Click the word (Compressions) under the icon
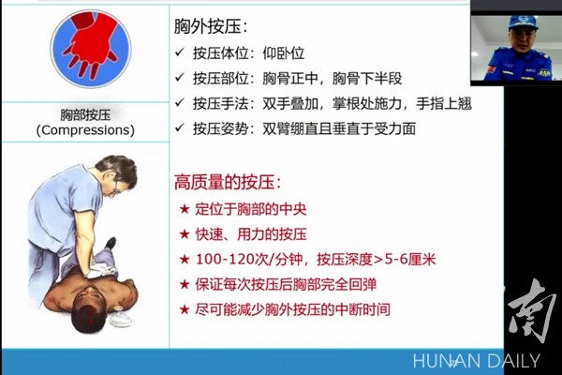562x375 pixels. [85, 130]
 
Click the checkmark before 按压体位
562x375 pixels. [180, 52]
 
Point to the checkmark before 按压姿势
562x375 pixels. [180, 127]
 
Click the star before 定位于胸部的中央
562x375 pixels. [185, 209]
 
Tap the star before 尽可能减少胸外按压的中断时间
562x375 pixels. [185, 309]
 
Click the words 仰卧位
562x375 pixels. [284, 53]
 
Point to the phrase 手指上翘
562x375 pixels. [444, 103]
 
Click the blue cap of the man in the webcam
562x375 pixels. [523, 22]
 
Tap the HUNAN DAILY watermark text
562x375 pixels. [477, 361]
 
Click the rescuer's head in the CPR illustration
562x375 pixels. [117, 174]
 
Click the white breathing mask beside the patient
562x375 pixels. [121, 317]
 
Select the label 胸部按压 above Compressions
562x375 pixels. [85, 114]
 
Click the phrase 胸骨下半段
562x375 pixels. [367, 78]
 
